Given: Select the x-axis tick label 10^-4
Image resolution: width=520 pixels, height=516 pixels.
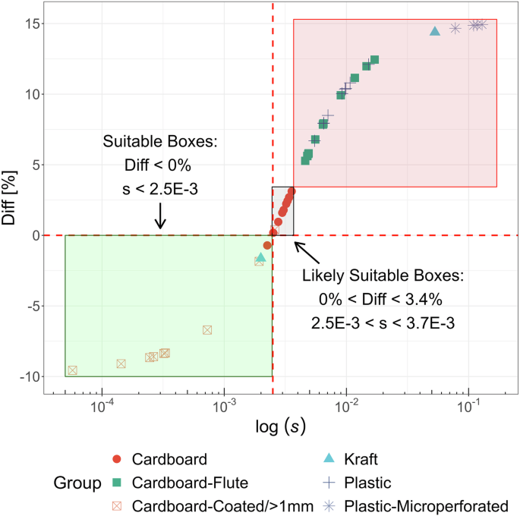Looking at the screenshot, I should (101, 407).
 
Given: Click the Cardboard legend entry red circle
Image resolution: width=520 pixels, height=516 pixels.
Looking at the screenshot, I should (116, 459).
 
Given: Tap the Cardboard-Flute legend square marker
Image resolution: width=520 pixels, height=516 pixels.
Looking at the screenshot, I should (116, 483).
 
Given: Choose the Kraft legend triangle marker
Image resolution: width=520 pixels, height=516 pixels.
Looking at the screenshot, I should (329, 459).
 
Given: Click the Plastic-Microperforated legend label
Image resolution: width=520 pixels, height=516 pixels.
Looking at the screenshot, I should (426, 505).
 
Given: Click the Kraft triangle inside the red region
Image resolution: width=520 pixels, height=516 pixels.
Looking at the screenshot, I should (435, 31).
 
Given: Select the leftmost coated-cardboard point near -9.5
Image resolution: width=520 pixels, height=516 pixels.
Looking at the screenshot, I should (73, 370).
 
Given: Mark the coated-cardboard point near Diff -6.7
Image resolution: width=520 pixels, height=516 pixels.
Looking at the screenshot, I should (207, 329).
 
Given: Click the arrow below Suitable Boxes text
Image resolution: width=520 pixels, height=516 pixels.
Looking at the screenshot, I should (159, 218).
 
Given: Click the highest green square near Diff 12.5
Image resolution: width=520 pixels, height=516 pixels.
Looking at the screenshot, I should (374, 60).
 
